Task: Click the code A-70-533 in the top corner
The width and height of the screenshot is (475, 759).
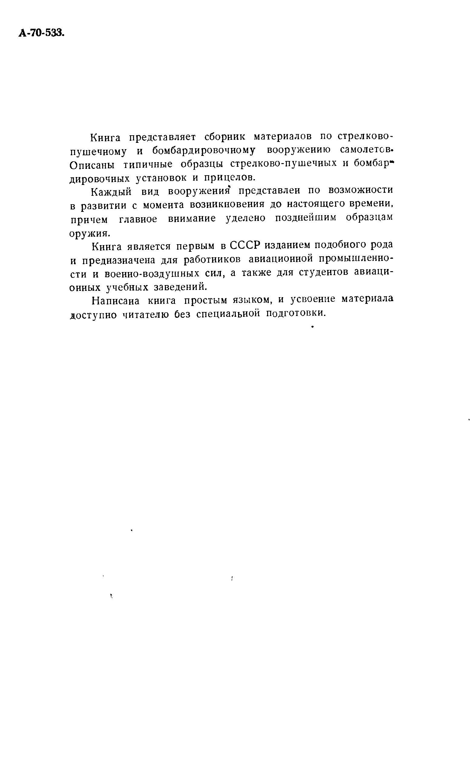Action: (x=41, y=33)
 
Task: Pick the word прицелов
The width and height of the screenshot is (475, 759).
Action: (x=228, y=178)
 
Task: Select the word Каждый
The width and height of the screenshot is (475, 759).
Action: (x=111, y=191)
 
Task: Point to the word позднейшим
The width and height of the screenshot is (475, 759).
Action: (x=305, y=218)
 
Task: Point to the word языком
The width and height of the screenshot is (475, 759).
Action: (x=252, y=300)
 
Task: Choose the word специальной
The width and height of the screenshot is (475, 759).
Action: (x=228, y=314)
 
